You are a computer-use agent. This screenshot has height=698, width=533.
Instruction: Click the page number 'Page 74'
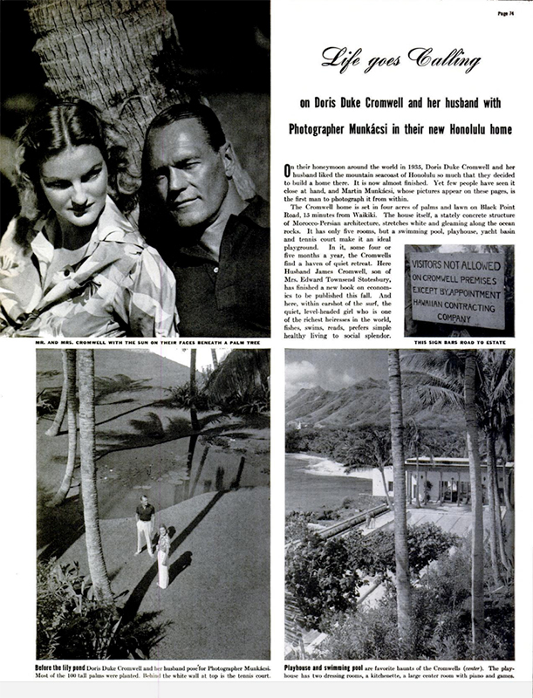[499, 13]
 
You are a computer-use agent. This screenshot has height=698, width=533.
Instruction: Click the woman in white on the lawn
[162, 554]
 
